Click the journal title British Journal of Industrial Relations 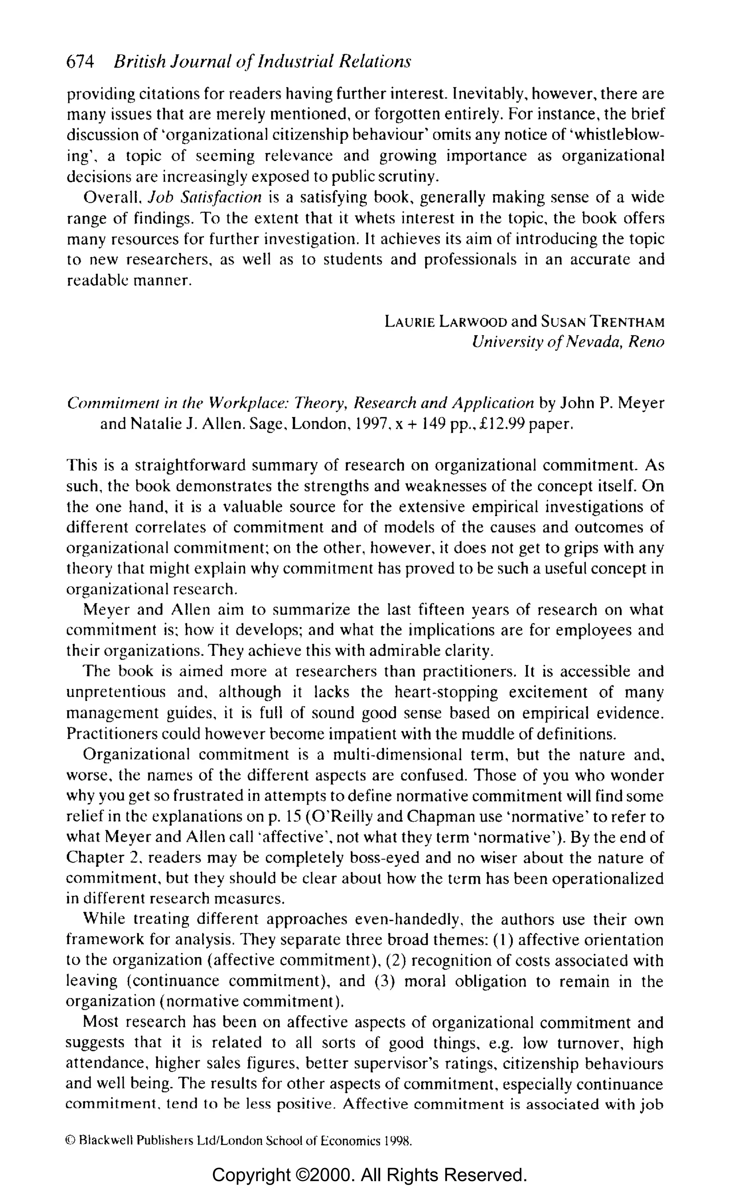coord(262,62)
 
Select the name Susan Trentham coord(602,322)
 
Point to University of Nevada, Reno coord(567,342)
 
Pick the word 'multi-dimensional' coord(397,754)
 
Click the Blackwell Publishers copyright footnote coord(238,1141)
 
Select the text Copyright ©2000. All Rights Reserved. coord(369,1175)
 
